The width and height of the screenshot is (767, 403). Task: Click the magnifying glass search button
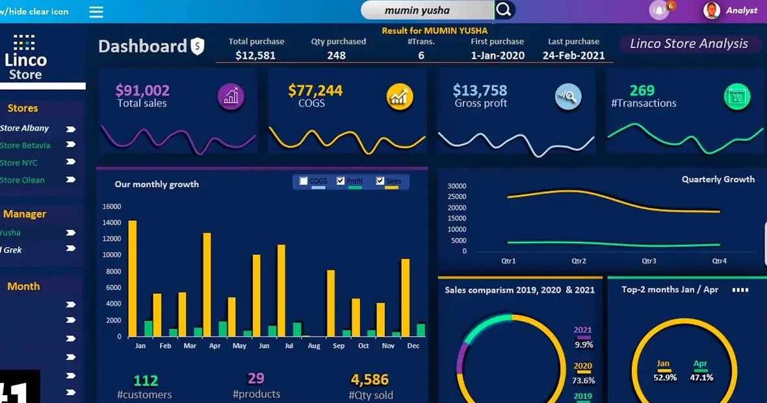[504, 10]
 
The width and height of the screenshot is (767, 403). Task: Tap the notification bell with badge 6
[659, 10]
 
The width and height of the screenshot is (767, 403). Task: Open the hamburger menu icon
[96, 12]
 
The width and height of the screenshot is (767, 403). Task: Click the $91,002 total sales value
[142, 90]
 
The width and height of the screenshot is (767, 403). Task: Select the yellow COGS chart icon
[400, 97]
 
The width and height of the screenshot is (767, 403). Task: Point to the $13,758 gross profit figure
[480, 90]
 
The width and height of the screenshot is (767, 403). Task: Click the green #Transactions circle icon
[737, 97]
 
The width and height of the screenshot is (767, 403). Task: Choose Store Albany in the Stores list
[25, 128]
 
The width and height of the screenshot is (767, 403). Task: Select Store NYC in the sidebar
[19, 162]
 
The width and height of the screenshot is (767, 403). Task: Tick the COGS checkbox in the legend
[304, 181]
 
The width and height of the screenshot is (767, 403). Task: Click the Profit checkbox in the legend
[341, 181]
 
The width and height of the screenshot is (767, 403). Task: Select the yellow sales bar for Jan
[133, 278]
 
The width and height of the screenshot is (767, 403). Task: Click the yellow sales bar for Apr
[207, 284]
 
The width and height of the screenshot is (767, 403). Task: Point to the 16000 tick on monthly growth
[112, 207]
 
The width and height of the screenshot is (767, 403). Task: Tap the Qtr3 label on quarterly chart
[649, 261]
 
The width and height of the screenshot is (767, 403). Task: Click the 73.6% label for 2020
[583, 380]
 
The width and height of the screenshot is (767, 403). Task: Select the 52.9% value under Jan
[665, 377]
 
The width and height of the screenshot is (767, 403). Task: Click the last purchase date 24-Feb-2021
[573, 56]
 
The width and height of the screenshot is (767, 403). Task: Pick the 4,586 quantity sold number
[369, 380]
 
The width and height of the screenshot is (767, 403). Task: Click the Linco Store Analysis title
[689, 44]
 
